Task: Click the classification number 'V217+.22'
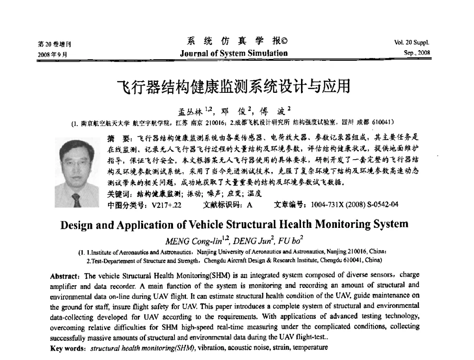point(167,205)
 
